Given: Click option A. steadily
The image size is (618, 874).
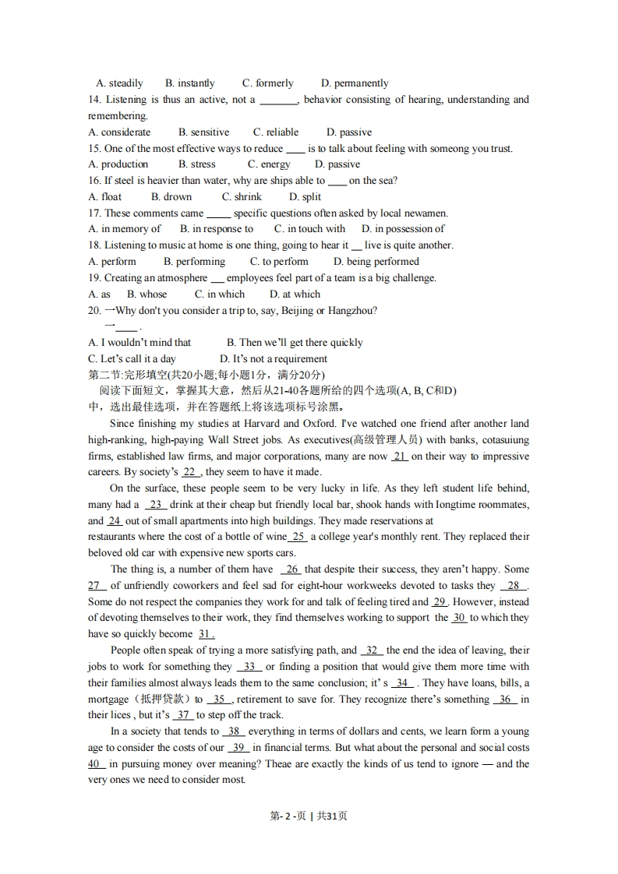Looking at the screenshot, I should (x=119, y=83).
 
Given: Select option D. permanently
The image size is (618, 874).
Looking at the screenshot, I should (x=355, y=83).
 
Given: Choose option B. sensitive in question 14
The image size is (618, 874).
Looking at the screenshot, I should (x=203, y=132).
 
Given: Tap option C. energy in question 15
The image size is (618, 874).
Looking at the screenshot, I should (x=269, y=164).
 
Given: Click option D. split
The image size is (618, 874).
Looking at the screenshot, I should (x=305, y=197).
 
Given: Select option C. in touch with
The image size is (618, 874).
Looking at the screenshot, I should (x=309, y=229).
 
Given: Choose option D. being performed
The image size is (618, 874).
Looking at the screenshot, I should (x=376, y=262).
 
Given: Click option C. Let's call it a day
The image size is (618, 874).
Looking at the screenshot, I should (x=132, y=359).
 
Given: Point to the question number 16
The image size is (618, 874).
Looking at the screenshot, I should (x=94, y=181).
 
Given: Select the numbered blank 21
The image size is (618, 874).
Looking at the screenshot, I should (x=400, y=456).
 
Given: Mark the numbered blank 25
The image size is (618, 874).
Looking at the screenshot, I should (x=298, y=537).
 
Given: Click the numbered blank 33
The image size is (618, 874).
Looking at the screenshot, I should (x=249, y=667).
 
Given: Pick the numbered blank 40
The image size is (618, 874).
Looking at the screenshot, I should (x=97, y=764).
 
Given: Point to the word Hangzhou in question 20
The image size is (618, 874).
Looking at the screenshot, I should (x=352, y=310).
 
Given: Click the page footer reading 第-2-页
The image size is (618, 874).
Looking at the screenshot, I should (x=287, y=816).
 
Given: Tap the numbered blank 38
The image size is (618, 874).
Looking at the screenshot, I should (x=234, y=731).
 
